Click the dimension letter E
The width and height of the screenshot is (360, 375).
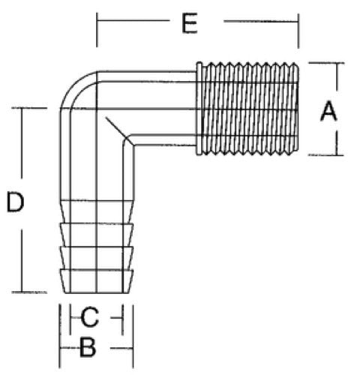pos(190,23)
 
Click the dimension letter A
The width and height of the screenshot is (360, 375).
pos(328,111)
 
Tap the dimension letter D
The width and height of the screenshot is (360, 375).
pos(15,202)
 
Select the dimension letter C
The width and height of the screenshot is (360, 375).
pos(89,317)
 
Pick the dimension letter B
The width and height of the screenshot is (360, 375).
pos(88,347)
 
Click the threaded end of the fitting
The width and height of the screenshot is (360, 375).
pos(250,109)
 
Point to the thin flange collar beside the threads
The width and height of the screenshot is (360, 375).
pos(199,109)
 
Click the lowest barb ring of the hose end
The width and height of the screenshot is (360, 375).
pos(97,280)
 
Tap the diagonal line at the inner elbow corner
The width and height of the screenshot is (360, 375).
pos(119,131)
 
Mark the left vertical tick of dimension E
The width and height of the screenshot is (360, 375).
pos(97,30)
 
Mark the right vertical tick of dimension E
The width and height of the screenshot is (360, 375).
pos(298,31)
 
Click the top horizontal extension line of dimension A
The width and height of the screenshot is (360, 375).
pos(326,63)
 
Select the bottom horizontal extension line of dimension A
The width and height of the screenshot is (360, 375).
pos(325,155)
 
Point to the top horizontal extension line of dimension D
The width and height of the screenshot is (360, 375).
pos(29,108)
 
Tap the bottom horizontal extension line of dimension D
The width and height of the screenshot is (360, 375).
pos(29,292)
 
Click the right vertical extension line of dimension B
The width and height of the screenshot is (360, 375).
pos(133,336)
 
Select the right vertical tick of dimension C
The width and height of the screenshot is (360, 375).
pos(122,319)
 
